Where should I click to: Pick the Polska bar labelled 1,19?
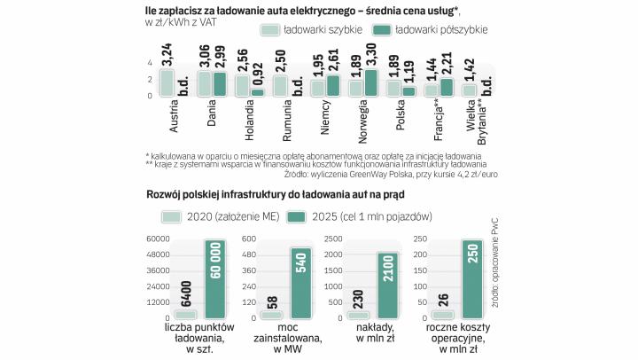click(x=408, y=90)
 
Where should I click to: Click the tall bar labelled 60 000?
click(x=214, y=279)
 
